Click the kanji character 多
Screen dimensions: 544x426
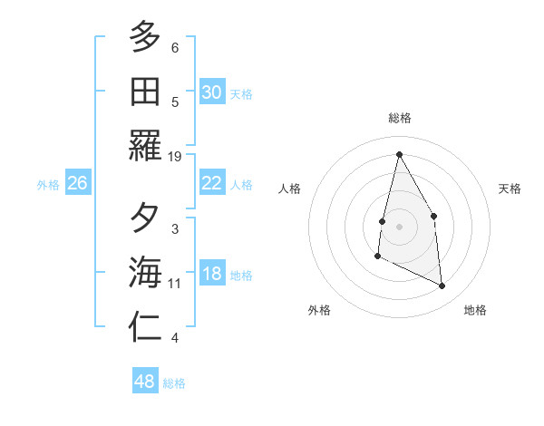pyautogui.click(x=145, y=37)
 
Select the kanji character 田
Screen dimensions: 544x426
pyautogui.click(x=145, y=92)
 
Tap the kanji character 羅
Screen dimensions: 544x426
pyautogui.click(x=145, y=146)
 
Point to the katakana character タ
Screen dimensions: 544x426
pyautogui.click(x=145, y=218)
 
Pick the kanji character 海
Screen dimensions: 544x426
pyautogui.click(x=145, y=273)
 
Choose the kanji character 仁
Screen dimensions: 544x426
pyautogui.click(x=145, y=327)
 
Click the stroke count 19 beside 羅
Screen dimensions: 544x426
pyautogui.click(x=175, y=157)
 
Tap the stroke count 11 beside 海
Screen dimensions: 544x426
pyautogui.click(x=175, y=284)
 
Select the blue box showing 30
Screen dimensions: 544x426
pyautogui.click(x=211, y=92)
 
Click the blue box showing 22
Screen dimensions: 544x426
pyautogui.click(x=211, y=183)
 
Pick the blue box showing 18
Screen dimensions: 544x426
pyautogui.click(x=211, y=275)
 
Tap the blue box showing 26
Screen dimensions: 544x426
pyautogui.click(x=77, y=183)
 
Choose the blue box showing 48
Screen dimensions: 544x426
pyautogui.click(x=145, y=382)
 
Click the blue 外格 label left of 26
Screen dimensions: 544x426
pyautogui.click(x=48, y=184)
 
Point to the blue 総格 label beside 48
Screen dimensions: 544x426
pyautogui.click(x=174, y=382)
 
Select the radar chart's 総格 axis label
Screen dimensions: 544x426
pyautogui.click(x=399, y=118)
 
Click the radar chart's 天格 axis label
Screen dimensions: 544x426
pyautogui.click(x=510, y=189)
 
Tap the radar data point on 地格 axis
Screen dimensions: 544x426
pyautogui.click(x=442, y=286)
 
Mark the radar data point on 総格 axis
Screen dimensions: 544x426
pyautogui.click(x=399, y=155)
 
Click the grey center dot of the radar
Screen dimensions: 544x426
pyautogui.click(x=399, y=227)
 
